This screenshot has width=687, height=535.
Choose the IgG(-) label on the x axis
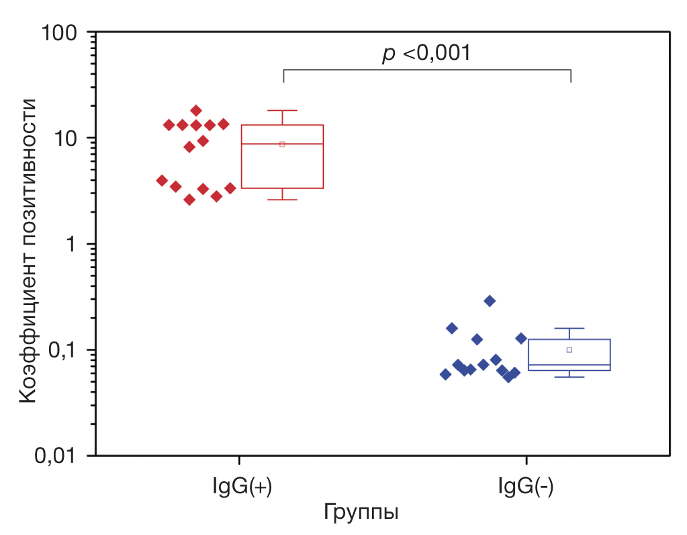point(526,486)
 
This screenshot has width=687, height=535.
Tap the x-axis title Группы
point(361,511)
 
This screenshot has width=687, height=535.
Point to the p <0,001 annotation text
point(426,53)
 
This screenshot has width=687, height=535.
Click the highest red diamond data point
point(196,110)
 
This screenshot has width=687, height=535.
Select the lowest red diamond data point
point(189,200)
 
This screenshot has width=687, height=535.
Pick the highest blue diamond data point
point(490,300)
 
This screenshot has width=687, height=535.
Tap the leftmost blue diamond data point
point(445,374)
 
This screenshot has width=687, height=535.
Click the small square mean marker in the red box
point(282,144)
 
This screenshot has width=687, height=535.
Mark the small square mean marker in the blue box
point(569,349)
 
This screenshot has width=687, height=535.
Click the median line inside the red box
point(282,144)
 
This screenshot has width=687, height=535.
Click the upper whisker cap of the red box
point(282,110)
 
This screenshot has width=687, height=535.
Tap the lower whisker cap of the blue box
point(569,377)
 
